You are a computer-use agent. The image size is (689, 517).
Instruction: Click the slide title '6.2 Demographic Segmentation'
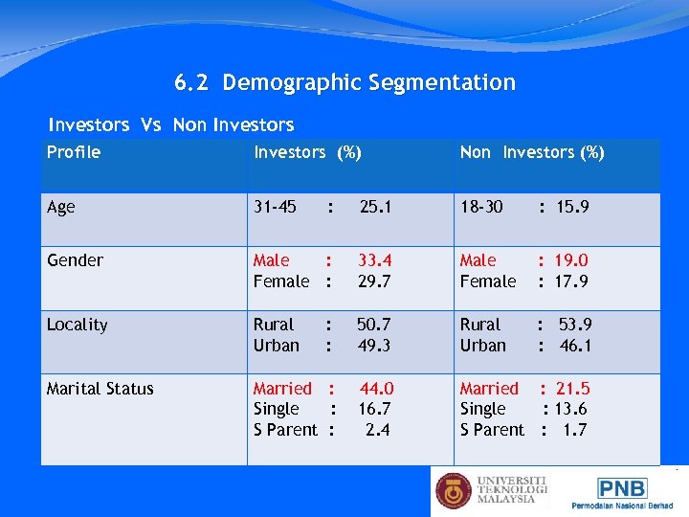(344, 83)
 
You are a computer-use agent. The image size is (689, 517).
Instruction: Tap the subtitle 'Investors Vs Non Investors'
(171, 124)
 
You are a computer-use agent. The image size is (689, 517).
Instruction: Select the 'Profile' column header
(74, 152)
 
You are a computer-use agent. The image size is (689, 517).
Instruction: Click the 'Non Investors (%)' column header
(532, 152)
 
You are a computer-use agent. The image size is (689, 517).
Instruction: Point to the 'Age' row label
(60, 207)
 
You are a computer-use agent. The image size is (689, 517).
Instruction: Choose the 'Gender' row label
(75, 260)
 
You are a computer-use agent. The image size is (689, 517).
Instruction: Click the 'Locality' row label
(77, 325)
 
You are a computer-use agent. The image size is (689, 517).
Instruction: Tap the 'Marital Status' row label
(100, 389)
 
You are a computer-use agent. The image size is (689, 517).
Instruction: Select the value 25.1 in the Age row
(375, 207)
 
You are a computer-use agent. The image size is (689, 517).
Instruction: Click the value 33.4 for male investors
(374, 260)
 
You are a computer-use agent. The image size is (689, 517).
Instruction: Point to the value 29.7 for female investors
(374, 281)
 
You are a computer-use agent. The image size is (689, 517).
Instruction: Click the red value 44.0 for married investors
(376, 389)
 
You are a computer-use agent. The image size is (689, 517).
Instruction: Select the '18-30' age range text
(481, 207)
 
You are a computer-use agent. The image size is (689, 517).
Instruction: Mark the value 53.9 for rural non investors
(575, 325)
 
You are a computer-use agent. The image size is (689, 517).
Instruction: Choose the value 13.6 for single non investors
(570, 409)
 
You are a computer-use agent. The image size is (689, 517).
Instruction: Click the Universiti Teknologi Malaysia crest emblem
(454, 490)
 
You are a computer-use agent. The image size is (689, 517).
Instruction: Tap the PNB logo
(623, 487)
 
